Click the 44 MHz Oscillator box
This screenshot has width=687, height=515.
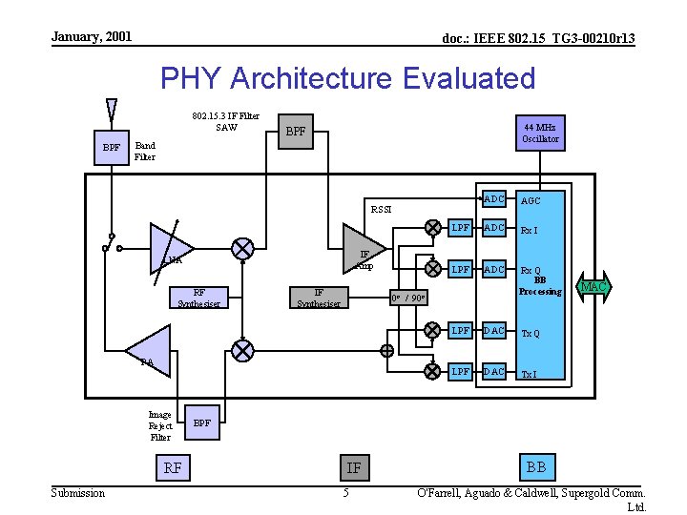(540, 133)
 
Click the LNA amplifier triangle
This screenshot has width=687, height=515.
(170, 247)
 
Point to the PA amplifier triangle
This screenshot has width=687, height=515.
(151, 347)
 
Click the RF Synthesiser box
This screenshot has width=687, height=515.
(198, 299)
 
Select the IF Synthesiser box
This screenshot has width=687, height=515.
(320, 299)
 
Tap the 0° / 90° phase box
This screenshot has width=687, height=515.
(408, 299)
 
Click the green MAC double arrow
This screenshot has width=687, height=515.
(593, 286)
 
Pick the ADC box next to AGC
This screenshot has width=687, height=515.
(494, 199)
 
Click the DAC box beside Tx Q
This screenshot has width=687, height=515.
(494, 331)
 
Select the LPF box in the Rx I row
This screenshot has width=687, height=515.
(461, 228)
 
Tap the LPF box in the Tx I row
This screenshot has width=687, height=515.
(461, 371)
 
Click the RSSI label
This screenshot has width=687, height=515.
(381, 210)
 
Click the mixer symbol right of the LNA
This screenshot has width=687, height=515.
(243, 248)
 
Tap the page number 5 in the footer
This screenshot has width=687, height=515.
(346, 493)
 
